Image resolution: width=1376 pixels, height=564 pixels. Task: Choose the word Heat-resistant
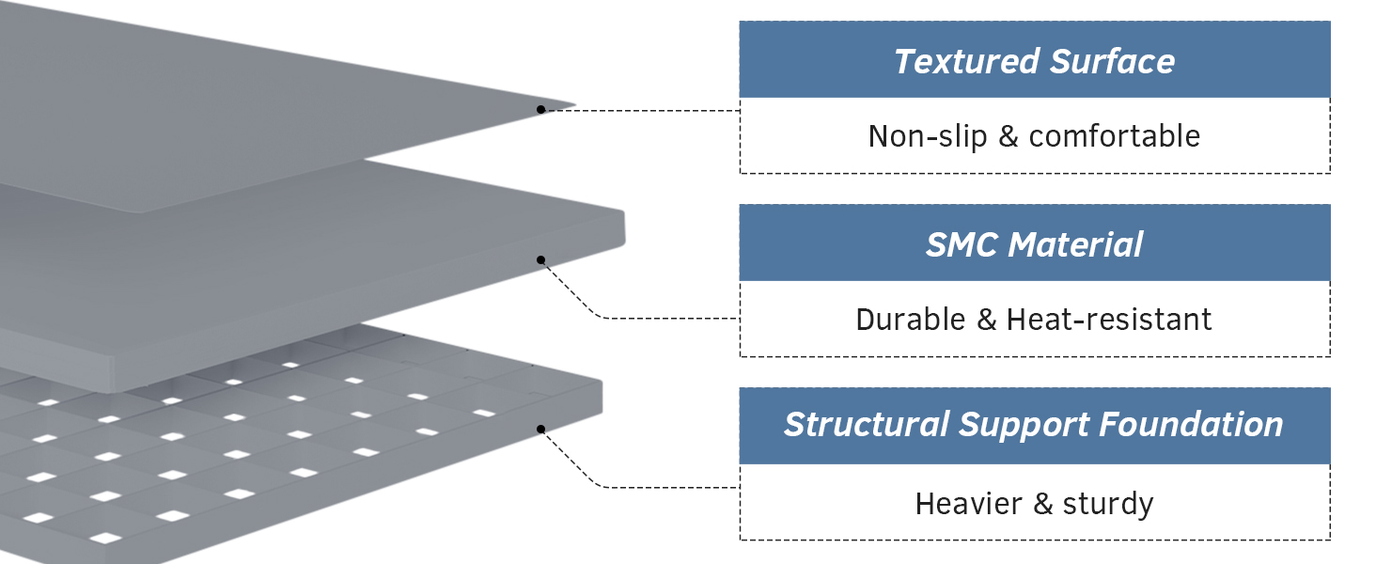coord(1109,320)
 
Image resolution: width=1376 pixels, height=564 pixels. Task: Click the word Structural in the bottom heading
coord(867,425)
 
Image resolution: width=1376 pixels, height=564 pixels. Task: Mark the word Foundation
coord(1191,425)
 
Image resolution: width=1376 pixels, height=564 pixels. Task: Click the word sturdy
coord(1107,504)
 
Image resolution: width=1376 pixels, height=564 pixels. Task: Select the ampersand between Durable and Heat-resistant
coord(986,320)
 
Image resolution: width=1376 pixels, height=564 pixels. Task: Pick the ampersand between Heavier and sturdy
coord(1042,504)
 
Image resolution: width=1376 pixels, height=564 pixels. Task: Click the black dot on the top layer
coord(540,110)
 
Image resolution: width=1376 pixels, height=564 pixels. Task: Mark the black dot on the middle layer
coord(540,259)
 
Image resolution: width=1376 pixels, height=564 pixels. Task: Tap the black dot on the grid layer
coord(540,430)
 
